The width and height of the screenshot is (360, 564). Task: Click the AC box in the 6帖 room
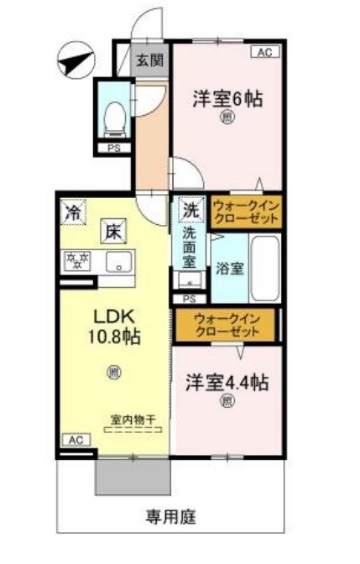tap(264, 52)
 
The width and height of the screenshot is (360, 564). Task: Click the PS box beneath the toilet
tap(113, 149)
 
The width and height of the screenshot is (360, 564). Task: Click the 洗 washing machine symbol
tap(191, 210)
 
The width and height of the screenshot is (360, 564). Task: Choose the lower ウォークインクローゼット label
tap(227, 325)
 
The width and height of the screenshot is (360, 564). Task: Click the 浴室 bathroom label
tap(229, 269)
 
